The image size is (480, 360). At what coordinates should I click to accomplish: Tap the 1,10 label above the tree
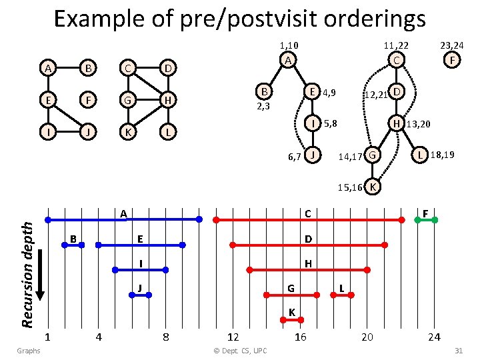[x=288, y=45]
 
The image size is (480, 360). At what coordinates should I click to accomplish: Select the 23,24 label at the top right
[x=452, y=45]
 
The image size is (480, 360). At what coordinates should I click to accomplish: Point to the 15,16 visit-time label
[x=349, y=188]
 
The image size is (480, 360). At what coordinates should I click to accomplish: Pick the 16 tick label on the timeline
[x=301, y=337]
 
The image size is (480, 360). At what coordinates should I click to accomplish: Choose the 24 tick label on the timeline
[x=434, y=337]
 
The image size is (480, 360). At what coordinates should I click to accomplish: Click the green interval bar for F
[x=426, y=219]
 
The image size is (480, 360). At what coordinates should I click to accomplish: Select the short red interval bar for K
[x=291, y=320]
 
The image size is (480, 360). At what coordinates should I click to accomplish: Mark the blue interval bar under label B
[x=73, y=245]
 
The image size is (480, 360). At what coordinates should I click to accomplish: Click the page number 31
[x=458, y=350]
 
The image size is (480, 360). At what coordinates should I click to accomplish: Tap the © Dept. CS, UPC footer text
[x=238, y=350]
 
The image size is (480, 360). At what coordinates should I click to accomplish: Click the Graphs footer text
[x=29, y=350]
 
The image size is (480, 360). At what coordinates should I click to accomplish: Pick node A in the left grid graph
[x=47, y=69]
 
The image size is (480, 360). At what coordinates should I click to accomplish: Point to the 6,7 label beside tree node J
[x=295, y=157]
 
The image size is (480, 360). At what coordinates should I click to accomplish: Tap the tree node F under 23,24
[x=453, y=61]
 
